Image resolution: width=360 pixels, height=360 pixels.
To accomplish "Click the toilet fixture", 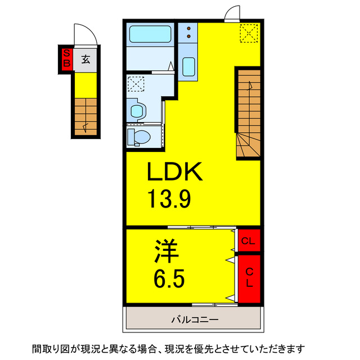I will pyautogui.click(x=139, y=137).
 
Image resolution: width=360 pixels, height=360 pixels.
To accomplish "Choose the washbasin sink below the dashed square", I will pyautogui.click(x=137, y=109).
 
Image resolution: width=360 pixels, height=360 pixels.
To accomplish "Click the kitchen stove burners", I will pyautogui.click(x=187, y=33).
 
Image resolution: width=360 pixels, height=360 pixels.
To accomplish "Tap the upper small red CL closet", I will pyautogui.click(x=248, y=242).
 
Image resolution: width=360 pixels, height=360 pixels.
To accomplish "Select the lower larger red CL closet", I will pyautogui.click(x=248, y=277).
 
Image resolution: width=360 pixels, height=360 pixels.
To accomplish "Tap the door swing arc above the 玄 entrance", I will pyautogui.click(x=85, y=34).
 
